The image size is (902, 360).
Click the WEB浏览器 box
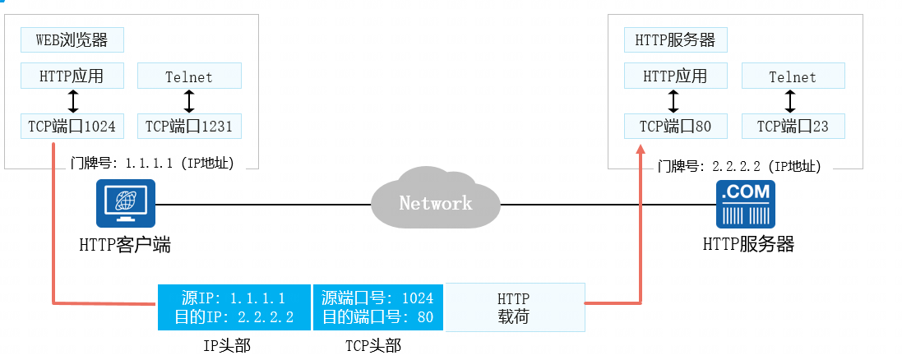pos(73,39)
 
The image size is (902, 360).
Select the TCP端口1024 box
pos(73,127)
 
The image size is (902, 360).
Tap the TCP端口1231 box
pos(189,127)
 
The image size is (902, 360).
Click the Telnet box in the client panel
pos(189,76)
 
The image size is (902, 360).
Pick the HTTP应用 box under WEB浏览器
pos(73,76)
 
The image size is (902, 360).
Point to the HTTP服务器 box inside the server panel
pos(675,39)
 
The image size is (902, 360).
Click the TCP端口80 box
pos(675,127)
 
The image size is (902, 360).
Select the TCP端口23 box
pos(793,127)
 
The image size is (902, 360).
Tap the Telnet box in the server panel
pos(793,76)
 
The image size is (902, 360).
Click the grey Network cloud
pos(436,202)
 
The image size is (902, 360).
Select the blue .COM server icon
pos(747,205)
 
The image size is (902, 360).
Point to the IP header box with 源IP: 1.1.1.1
pos(234,307)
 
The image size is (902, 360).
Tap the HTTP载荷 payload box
pos(515,307)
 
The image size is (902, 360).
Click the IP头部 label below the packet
pos(227,346)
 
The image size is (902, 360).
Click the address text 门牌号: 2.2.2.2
pos(739,165)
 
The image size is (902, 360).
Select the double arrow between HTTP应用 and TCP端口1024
pos(73,101)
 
